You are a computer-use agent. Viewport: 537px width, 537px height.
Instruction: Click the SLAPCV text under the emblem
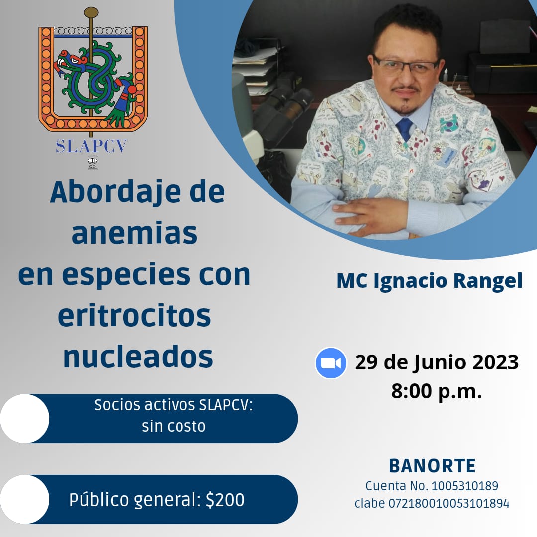91,146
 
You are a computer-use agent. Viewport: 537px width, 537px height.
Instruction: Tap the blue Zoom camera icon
331,363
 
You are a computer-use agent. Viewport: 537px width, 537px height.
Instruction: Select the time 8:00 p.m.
437,391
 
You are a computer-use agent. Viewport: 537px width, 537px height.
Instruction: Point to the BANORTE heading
432,466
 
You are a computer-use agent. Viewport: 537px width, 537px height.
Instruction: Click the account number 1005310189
465,486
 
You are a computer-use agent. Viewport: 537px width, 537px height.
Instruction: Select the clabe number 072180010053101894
448,503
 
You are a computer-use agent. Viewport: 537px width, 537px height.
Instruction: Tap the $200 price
225,500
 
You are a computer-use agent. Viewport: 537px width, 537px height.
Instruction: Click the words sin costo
174,427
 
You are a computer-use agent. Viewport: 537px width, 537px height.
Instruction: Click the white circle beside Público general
25,499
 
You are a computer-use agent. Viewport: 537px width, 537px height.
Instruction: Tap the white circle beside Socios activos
25,419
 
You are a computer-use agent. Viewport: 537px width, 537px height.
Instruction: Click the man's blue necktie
405,129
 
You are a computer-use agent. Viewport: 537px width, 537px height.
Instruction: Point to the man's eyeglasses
406,66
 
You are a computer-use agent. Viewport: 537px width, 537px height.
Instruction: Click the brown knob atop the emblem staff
91,12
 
